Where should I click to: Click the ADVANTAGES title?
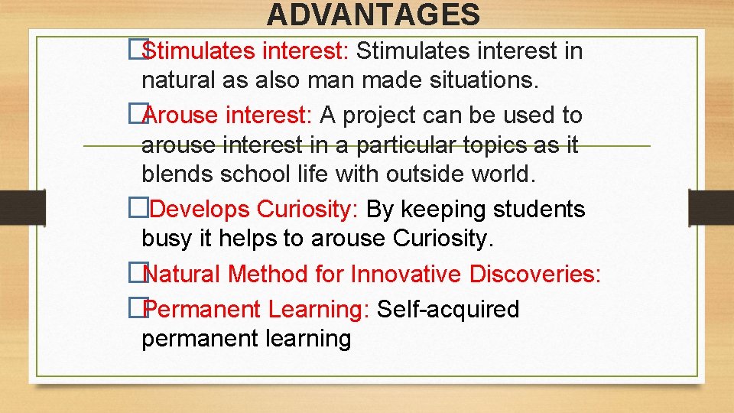point(374,15)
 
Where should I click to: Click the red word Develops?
point(205,209)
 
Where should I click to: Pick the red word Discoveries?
point(535,274)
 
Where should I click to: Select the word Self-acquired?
point(449,310)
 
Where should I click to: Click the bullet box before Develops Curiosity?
point(137,209)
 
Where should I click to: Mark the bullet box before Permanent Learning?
point(137,309)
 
